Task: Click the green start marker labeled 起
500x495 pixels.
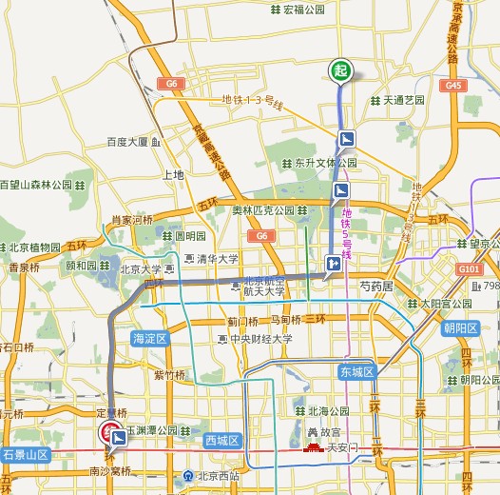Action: point(340,70)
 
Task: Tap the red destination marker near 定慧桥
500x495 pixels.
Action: point(110,433)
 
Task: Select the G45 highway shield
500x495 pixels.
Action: point(452,86)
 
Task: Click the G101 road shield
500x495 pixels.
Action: point(471,269)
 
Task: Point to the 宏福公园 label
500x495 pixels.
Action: point(303,10)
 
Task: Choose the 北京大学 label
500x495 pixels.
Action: point(141,269)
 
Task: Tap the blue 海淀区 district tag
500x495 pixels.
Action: point(150,338)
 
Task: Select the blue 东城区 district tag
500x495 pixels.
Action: point(356,370)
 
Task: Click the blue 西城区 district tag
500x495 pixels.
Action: point(222,440)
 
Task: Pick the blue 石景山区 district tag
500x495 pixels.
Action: point(26,456)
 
